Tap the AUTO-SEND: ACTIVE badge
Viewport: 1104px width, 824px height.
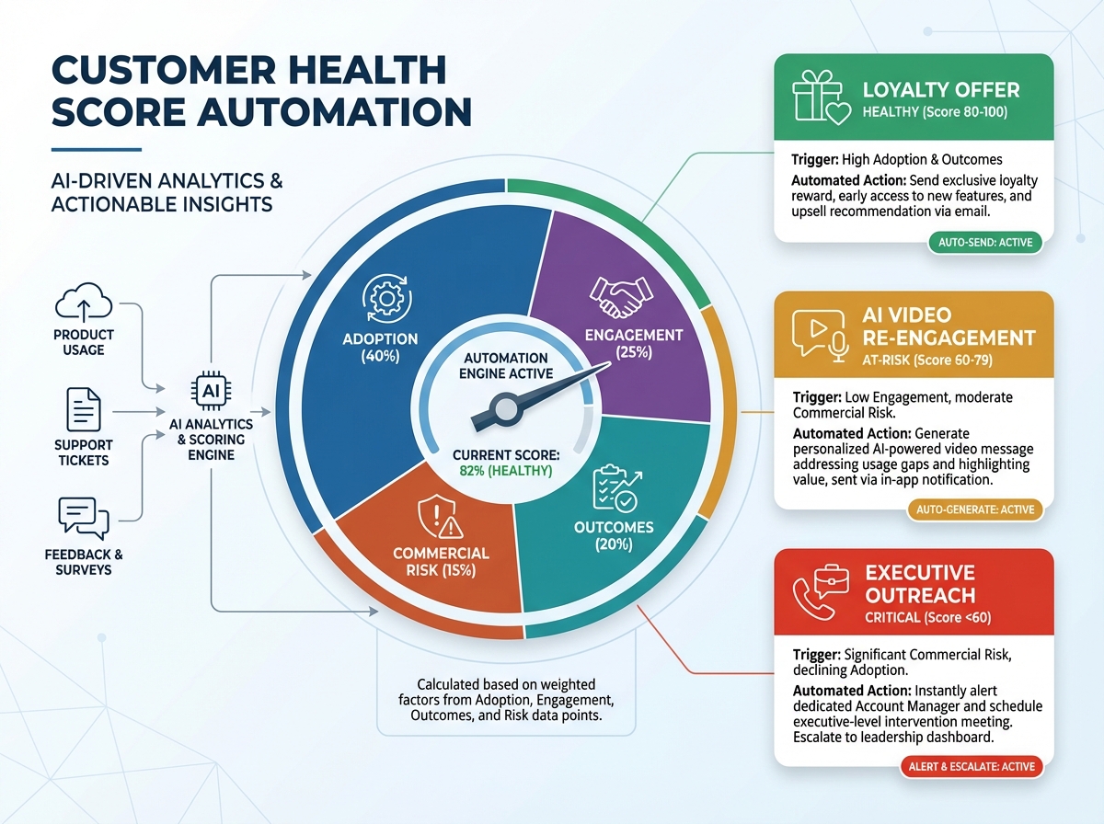pos(984,243)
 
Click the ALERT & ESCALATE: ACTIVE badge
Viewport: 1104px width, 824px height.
pos(972,766)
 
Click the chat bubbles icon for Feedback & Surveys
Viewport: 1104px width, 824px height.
pos(84,518)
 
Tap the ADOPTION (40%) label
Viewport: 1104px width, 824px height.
pos(379,347)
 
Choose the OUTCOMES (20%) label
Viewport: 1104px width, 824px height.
pos(614,536)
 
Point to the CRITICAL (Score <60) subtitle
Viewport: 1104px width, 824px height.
pos(927,618)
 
